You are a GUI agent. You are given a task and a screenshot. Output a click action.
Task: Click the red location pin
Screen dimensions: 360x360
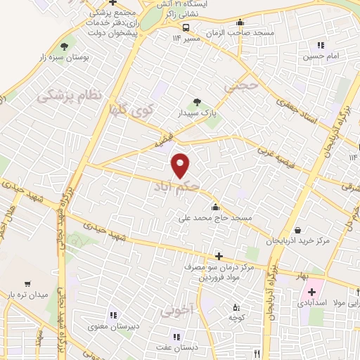point(181,165)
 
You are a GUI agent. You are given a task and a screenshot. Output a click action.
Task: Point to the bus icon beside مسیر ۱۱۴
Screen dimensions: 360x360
point(186,27)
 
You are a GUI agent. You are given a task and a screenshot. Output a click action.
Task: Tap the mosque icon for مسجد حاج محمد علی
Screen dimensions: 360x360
point(214,207)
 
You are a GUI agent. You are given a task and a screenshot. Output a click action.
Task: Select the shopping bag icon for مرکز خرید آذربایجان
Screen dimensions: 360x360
point(297,230)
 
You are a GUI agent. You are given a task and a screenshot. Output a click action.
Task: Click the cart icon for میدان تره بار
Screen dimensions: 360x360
point(27,284)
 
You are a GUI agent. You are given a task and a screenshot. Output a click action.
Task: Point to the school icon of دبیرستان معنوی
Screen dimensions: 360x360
point(110,314)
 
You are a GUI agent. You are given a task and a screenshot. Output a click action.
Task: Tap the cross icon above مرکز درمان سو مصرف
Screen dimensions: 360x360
point(220,256)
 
